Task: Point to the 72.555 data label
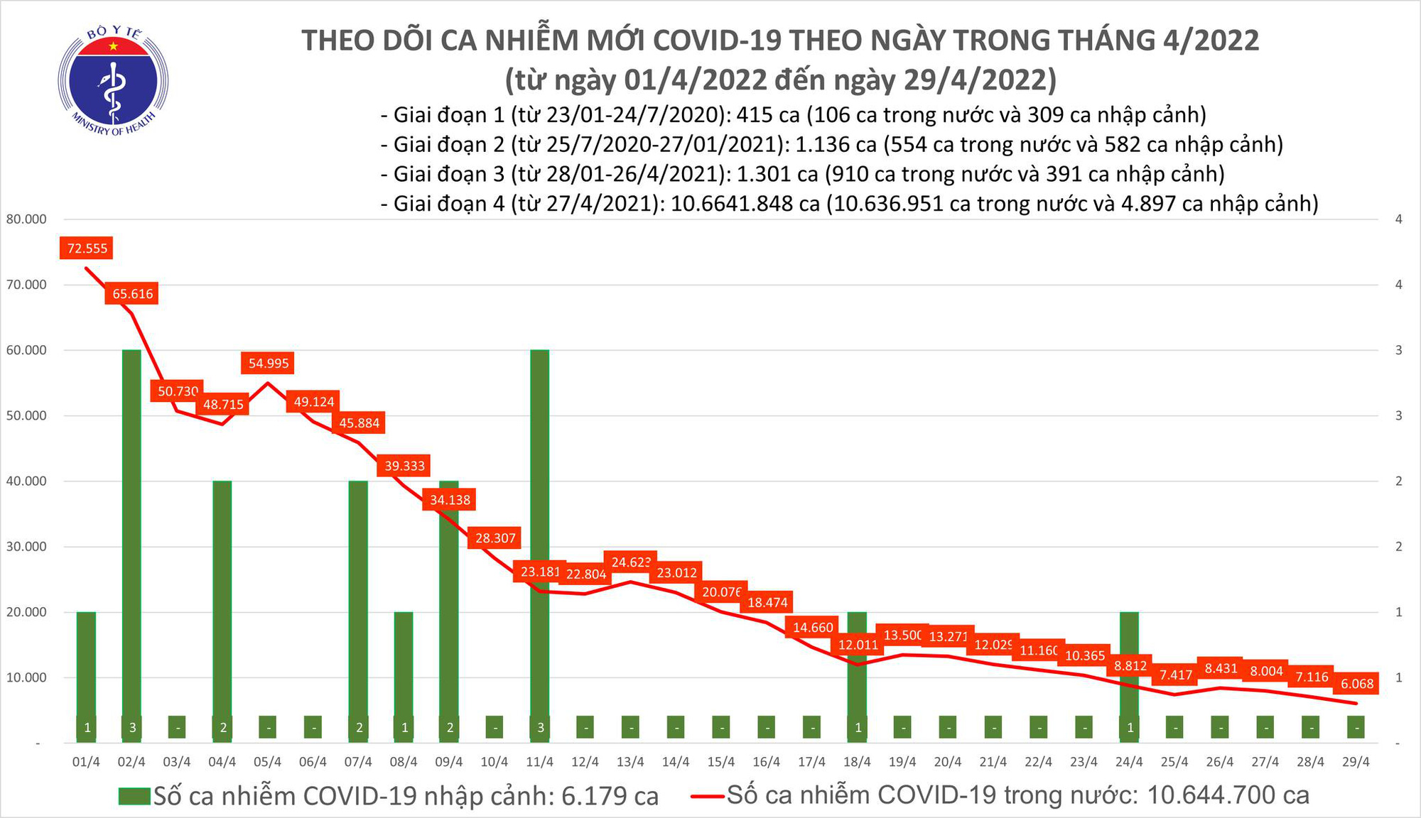point(87,249)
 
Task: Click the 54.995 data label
point(268,364)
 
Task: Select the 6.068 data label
point(1356,684)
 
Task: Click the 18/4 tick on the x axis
point(857,762)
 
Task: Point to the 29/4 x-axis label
point(1356,762)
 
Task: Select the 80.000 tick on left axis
point(26,219)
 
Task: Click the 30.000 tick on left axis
point(26,547)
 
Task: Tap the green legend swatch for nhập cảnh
point(134,796)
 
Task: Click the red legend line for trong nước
point(708,796)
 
